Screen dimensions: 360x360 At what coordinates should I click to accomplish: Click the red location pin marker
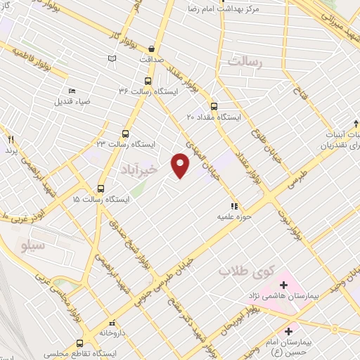(x=181, y=165)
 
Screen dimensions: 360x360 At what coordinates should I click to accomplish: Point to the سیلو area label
(x=32, y=246)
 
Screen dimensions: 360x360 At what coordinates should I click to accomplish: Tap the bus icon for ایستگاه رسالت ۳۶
(x=148, y=79)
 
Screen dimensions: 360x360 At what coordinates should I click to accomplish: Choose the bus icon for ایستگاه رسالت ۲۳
(x=125, y=132)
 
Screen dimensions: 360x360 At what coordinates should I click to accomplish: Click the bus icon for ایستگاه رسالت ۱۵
(x=100, y=188)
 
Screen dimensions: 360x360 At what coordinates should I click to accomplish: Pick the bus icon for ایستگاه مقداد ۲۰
(x=214, y=106)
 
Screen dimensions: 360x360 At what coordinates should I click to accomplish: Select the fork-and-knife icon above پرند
(x=11, y=139)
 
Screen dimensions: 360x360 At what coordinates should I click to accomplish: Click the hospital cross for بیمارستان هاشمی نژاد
(x=283, y=285)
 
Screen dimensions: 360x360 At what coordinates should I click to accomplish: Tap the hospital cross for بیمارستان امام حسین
(x=288, y=330)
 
